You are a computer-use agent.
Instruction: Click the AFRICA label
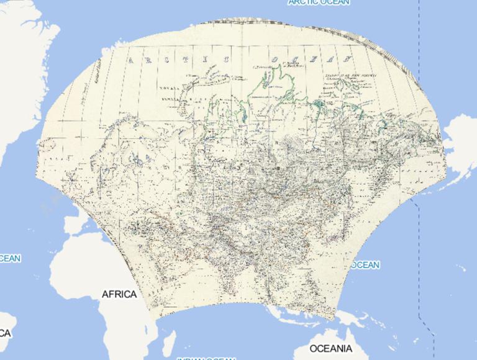[119, 294]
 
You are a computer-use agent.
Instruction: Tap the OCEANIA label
[330, 348]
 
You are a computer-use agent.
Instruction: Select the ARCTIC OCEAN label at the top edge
[319, 2]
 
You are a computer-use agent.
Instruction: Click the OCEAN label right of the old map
[365, 265]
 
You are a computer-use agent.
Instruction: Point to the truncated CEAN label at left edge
[10, 258]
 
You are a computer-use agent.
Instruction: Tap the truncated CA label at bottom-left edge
[5, 333]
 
